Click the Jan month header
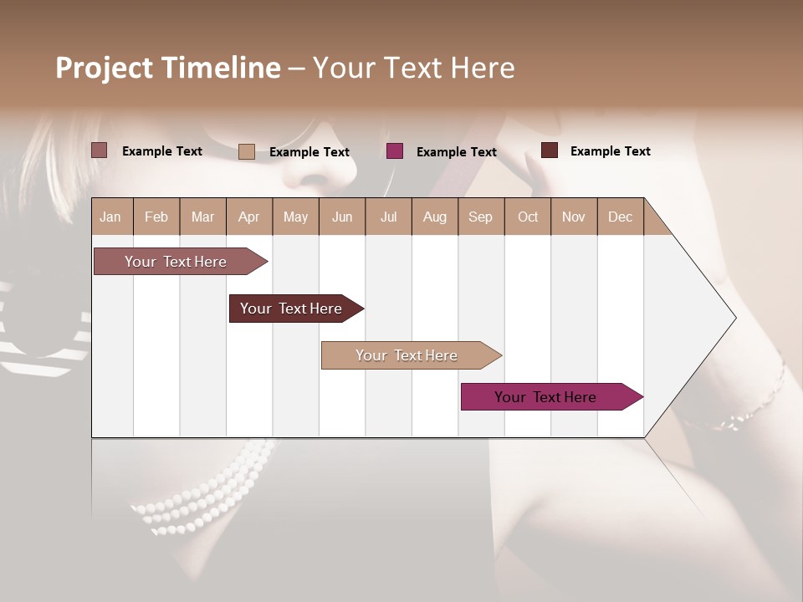110,217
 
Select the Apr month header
248,217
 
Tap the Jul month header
388,217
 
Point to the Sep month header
480,217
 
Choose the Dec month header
620,217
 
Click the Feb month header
156,217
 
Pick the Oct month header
528,217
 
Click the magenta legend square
395,151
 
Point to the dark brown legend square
550,150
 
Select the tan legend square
247,151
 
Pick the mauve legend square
100,150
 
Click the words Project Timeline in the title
168,68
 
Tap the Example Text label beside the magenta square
457,152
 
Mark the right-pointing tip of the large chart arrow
734,318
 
